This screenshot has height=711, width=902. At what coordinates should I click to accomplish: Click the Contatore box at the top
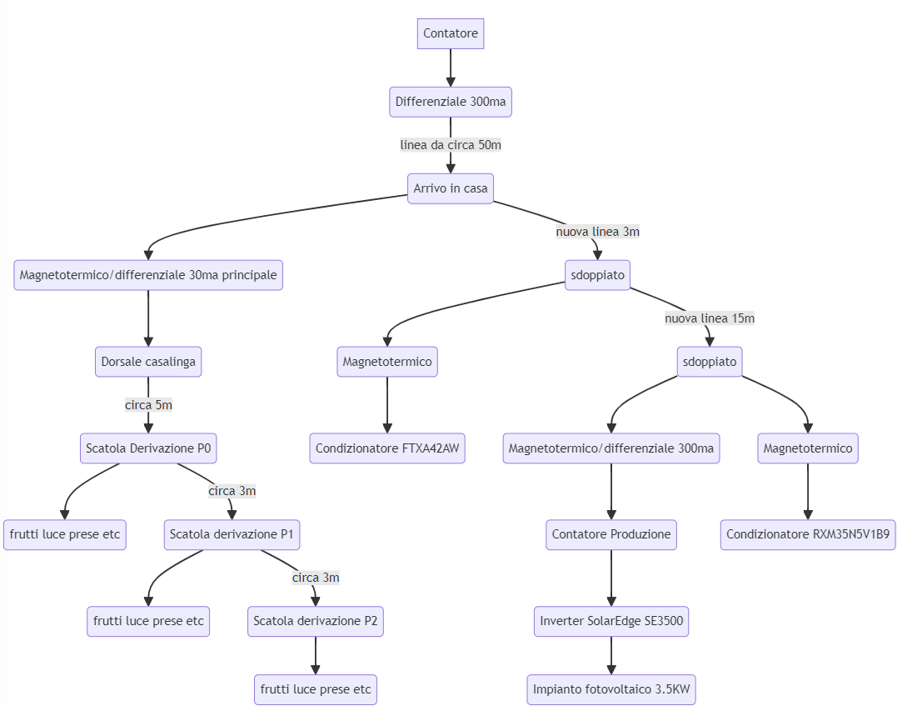pyautogui.click(x=451, y=33)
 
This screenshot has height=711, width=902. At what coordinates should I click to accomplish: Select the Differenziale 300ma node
pyautogui.click(x=451, y=102)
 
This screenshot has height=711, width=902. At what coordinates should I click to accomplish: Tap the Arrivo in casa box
pyautogui.click(x=451, y=188)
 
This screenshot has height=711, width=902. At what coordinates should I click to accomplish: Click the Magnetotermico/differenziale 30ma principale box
pyautogui.click(x=148, y=275)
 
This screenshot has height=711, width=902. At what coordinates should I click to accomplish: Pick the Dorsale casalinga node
pyautogui.click(x=148, y=362)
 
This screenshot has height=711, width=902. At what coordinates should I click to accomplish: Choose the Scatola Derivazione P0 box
pyautogui.click(x=148, y=448)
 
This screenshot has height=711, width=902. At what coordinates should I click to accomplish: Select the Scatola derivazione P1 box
pyautogui.click(x=232, y=534)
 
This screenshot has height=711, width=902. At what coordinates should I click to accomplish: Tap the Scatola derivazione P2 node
pyautogui.click(x=316, y=621)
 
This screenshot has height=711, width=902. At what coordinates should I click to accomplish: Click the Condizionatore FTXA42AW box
pyautogui.click(x=387, y=448)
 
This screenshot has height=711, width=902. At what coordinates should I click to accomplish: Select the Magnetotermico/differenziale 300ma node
pyautogui.click(x=611, y=448)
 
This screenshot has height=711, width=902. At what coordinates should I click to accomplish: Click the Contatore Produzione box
pyautogui.click(x=611, y=534)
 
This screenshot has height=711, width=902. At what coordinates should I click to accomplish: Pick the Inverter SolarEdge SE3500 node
pyautogui.click(x=611, y=621)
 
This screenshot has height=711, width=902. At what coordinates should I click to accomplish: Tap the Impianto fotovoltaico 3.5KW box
pyautogui.click(x=611, y=690)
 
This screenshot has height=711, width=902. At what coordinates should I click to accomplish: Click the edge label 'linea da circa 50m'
pyautogui.click(x=451, y=145)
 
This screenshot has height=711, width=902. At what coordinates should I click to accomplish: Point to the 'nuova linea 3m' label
pyautogui.click(x=598, y=232)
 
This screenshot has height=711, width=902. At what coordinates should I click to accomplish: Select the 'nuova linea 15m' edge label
pyautogui.click(x=710, y=318)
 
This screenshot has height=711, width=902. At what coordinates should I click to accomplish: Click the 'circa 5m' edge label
pyautogui.click(x=148, y=405)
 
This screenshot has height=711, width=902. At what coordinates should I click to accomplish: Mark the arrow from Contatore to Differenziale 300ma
pyautogui.click(x=451, y=68)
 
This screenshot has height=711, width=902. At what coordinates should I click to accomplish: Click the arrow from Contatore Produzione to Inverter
pyautogui.click(x=611, y=578)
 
